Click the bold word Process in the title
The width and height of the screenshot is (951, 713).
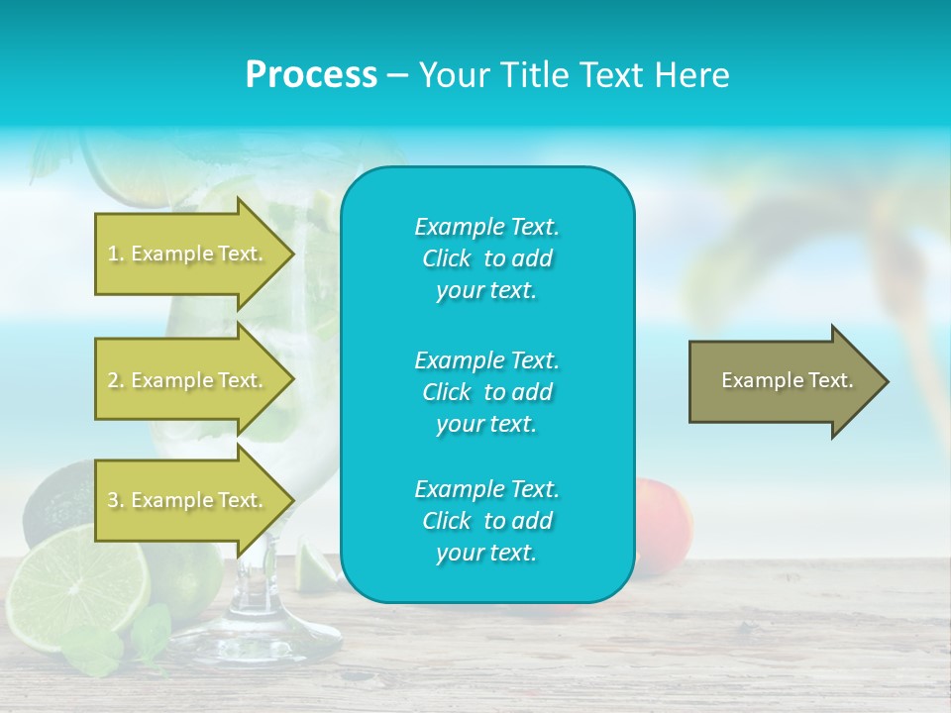(x=311, y=75)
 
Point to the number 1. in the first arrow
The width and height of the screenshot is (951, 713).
(x=116, y=255)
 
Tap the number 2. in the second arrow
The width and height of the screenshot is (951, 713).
(x=116, y=381)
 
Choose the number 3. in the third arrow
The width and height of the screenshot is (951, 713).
(x=116, y=501)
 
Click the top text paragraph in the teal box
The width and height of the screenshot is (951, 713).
(x=486, y=258)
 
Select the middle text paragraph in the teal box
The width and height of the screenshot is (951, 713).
(x=486, y=392)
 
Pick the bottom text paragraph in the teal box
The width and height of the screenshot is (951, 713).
(x=486, y=521)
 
